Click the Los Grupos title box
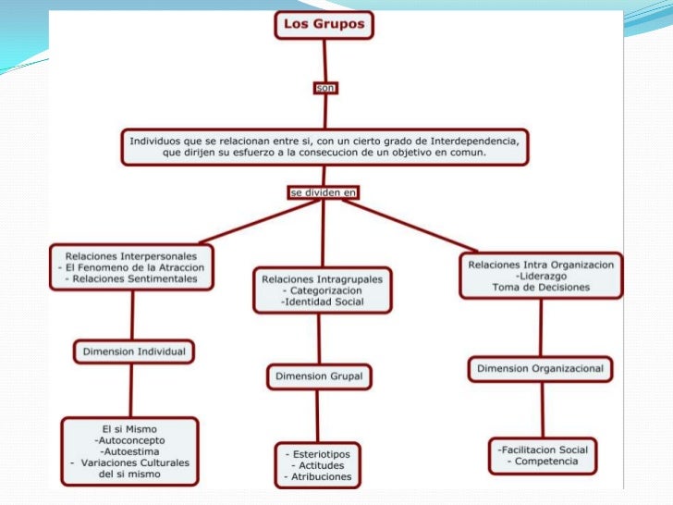tap(324, 24)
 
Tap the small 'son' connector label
tap(324, 88)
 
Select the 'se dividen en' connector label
tap(323, 192)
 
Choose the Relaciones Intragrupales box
tap(322, 289)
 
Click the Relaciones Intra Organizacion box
tap(541, 276)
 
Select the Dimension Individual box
tap(134, 351)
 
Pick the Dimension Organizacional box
tap(540, 369)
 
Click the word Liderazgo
tap(542, 276)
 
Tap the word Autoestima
tap(130, 451)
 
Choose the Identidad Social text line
tap(323, 302)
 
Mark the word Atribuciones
tap(321, 477)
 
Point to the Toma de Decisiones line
tap(541, 288)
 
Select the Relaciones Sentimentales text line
tap(135, 277)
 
